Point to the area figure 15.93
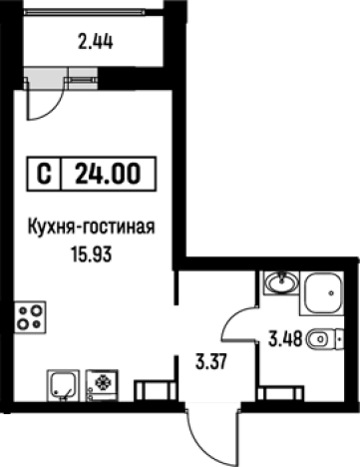click(91, 253)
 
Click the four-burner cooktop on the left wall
click(30, 317)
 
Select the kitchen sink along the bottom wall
click(63, 383)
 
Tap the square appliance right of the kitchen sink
click(102, 383)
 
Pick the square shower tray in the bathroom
click(323, 292)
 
